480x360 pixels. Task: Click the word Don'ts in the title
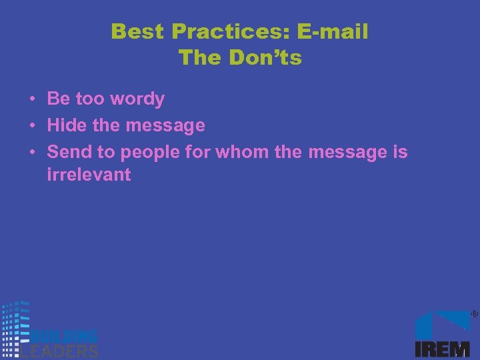coord(265,58)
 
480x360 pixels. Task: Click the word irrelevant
coord(89,176)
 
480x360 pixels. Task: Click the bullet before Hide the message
coord(32,126)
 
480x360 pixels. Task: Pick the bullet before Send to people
coord(32,153)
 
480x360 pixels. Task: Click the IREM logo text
coord(442,349)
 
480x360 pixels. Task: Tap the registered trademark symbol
coord(474,313)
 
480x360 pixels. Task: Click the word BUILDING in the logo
coord(65,336)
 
